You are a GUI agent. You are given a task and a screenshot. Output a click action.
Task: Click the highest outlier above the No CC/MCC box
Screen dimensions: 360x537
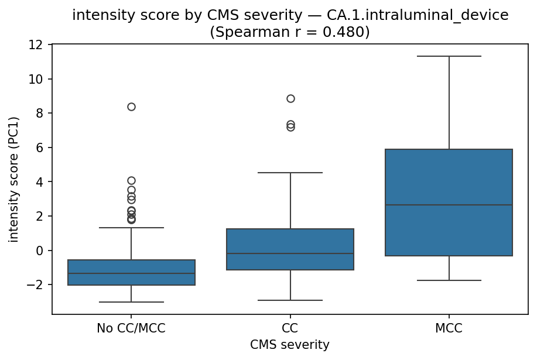[x=131, y=107]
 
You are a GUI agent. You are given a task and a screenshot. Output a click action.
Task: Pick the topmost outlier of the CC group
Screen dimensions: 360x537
[x=290, y=98]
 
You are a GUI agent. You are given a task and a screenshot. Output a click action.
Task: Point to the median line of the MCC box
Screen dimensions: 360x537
[x=449, y=205]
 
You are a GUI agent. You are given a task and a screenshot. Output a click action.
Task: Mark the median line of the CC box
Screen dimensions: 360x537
[x=290, y=253]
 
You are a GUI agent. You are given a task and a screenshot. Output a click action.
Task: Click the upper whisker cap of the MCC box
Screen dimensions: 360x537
[x=449, y=56]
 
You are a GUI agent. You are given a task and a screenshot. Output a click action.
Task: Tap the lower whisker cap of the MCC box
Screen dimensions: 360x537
[x=449, y=280]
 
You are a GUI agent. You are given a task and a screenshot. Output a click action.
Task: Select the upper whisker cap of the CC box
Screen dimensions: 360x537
[x=290, y=173]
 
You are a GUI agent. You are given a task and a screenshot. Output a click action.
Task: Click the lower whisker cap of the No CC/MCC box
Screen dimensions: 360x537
[x=131, y=302]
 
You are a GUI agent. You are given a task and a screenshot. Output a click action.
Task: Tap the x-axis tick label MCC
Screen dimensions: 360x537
[x=449, y=328]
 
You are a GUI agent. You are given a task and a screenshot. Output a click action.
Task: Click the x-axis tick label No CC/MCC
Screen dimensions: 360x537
[x=131, y=328]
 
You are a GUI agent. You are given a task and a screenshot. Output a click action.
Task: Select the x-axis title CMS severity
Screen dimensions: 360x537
[x=290, y=345]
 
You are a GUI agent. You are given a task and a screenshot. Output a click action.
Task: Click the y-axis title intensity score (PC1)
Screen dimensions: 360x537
[x=13, y=179]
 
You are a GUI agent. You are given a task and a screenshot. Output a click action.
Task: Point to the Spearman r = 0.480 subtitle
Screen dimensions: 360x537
[x=290, y=32]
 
